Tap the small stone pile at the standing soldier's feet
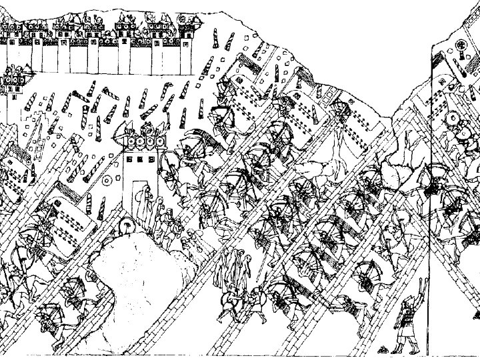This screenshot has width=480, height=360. tap(383, 349)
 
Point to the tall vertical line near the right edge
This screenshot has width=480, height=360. tap(435, 200)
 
